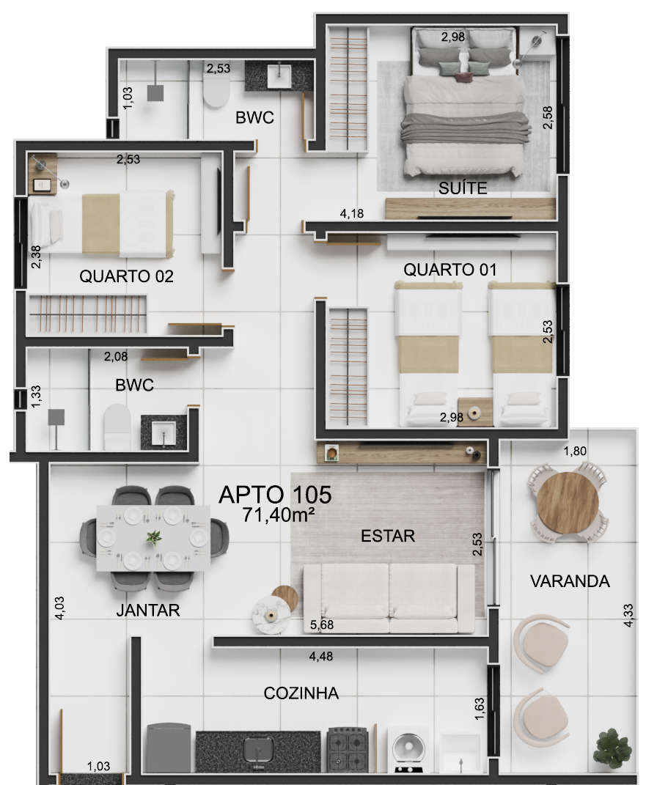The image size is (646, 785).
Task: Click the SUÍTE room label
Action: [x=463, y=188]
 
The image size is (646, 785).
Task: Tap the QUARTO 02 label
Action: [x=126, y=276]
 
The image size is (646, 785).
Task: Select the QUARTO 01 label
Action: [x=450, y=270]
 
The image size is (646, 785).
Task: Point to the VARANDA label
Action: [x=570, y=581]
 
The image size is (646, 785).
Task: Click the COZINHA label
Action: [x=301, y=693]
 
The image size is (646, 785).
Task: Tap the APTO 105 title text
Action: [x=276, y=495]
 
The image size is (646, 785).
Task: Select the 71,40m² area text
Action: [x=279, y=515]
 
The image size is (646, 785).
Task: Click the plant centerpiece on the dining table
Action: [x=154, y=538]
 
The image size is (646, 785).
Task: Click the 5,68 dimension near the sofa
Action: [x=321, y=624]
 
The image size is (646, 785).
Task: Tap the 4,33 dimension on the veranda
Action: [x=628, y=615]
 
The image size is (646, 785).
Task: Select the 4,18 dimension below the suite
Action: [x=351, y=213]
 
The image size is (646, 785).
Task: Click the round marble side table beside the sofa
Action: [x=271, y=616]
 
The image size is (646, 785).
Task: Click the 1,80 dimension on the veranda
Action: [x=574, y=451]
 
